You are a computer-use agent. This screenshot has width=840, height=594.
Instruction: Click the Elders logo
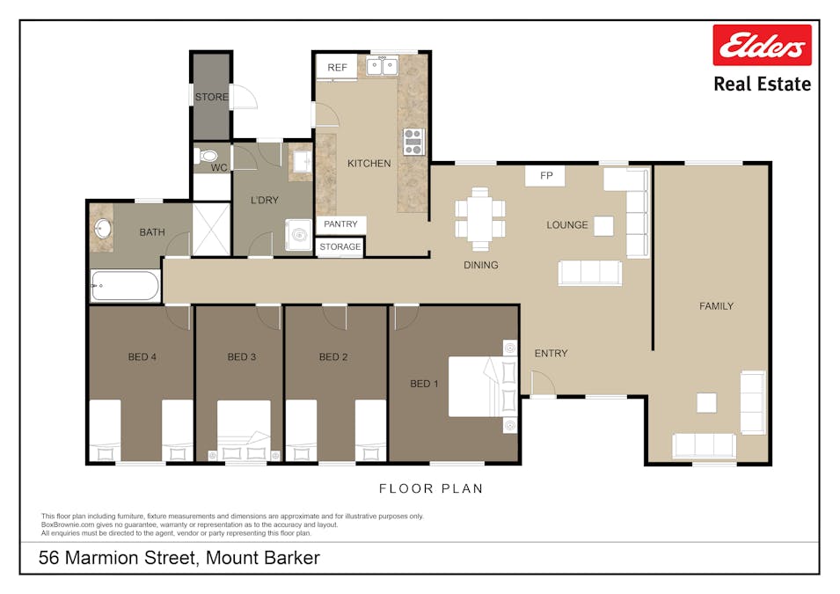click(x=762, y=45)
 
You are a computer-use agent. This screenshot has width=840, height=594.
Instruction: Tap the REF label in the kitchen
click(x=337, y=68)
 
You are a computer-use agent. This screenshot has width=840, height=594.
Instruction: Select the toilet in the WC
click(x=206, y=156)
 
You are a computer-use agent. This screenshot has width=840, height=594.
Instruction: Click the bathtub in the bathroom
click(x=126, y=285)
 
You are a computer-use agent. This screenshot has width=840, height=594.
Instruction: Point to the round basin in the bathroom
click(x=102, y=229)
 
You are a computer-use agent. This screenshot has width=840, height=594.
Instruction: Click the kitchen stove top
click(x=413, y=142)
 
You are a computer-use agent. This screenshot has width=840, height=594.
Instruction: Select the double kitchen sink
click(x=382, y=66)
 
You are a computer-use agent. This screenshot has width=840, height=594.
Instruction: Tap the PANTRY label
click(x=340, y=224)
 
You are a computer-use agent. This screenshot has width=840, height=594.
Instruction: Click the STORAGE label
click(x=340, y=246)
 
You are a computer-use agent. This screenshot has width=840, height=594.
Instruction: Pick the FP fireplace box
click(x=545, y=176)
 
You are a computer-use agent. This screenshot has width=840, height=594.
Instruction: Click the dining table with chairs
click(x=480, y=219)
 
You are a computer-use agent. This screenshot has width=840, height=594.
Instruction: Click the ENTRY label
click(x=551, y=353)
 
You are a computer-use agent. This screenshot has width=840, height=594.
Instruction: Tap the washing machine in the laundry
click(x=298, y=235)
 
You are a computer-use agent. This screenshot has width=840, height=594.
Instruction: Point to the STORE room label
click(x=212, y=97)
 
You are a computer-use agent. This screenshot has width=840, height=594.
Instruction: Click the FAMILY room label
click(x=716, y=306)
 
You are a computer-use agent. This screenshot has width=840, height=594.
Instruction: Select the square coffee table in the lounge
click(x=603, y=225)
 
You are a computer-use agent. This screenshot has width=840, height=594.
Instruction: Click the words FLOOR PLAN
click(x=431, y=488)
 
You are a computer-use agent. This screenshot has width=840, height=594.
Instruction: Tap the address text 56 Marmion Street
click(x=119, y=558)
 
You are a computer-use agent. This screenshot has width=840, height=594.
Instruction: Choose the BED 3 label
click(x=242, y=357)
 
